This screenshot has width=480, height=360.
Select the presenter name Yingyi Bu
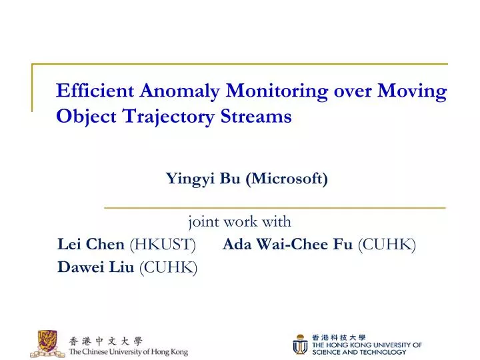click(x=203, y=179)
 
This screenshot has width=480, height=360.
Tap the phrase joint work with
click(x=239, y=221)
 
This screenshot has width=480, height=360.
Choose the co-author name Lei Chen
click(x=91, y=245)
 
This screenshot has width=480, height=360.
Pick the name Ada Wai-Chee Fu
click(x=287, y=245)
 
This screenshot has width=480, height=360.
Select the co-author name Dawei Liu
click(x=96, y=267)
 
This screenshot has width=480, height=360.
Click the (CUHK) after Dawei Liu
click(x=168, y=267)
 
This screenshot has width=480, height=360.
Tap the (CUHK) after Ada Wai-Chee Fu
click(x=387, y=245)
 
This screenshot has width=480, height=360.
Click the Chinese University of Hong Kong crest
click(x=47, y=343)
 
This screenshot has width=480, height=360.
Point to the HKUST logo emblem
click(x=299, y=344)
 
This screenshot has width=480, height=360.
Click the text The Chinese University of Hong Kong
click(x=128, y=351)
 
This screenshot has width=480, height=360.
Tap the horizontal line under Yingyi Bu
click(x=275, y=208)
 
